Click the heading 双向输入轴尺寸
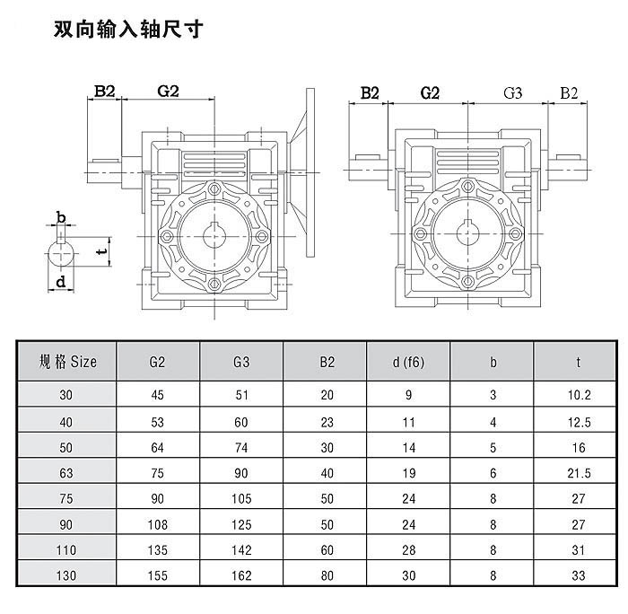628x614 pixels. (x=128, y=29)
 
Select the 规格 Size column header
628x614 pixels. (x=67, y=362)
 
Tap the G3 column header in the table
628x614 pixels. (x=240, y=362)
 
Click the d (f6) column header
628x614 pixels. (x=408, y=362)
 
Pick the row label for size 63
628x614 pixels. (x=67, y=471)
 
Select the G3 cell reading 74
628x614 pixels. (x=240, y=446)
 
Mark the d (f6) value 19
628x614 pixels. (x=408, y=471)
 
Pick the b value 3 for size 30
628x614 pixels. (x=493, y=394)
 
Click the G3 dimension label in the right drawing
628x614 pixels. (x=513, y=92)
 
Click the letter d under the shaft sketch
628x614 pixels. (x=60, y=283)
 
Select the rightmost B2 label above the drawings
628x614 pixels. (x=569, y=92)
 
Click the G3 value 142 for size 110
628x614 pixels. (x=240, y=548)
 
